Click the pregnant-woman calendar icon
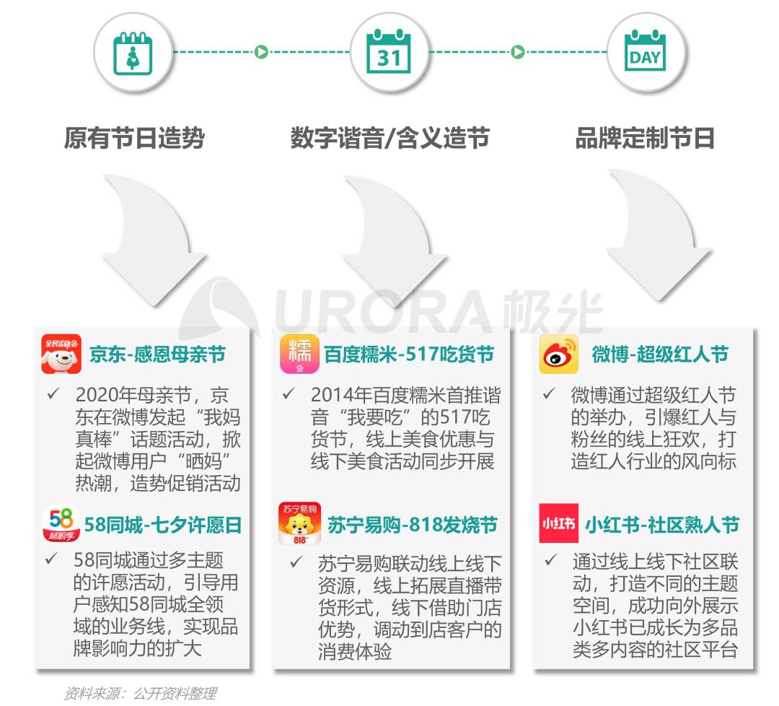point(133,53)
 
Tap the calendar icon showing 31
point(389,53)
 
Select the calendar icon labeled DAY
point(645,53)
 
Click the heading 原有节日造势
point(134,138)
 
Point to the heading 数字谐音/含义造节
point(389,138)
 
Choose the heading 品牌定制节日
point(644,138)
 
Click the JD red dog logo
point(61,354)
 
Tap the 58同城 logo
point(61,524)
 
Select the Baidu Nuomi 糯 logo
point(299,354)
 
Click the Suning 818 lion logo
point(299,524)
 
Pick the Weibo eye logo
point(558,354)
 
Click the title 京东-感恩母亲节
point(157,354)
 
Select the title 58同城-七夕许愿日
point(162,525)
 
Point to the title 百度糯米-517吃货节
point(409,354)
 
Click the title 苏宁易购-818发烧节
point(412,525)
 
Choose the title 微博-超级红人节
point(660,354)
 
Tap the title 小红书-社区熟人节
point(661,525)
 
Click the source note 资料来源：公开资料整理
point(140,694)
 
